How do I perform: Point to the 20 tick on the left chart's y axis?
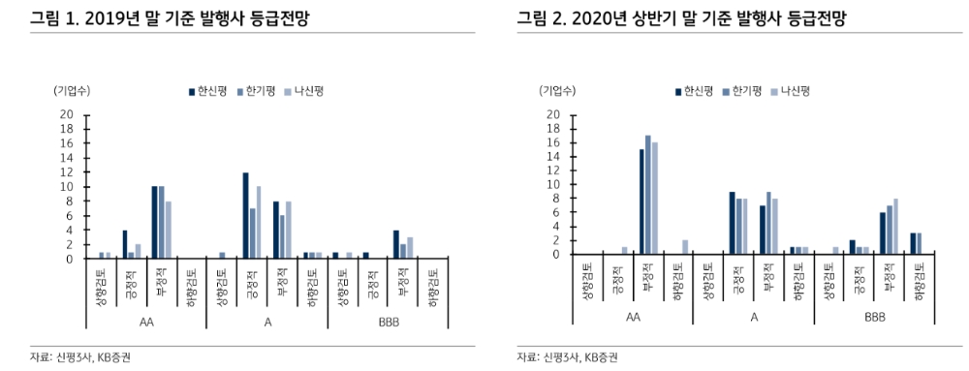click(x=67, y=114)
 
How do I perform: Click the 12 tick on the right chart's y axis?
click(x=552, y=170)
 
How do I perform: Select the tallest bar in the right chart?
click(x=647, y=195)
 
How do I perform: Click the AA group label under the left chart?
click(x=145, y=321)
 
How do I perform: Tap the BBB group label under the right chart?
click(x=874, y=317)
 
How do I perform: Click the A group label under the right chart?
click(x=753, y=317)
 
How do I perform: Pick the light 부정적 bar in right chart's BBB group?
click(x=895, y=226)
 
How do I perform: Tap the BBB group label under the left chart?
click(x=389, y=321)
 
